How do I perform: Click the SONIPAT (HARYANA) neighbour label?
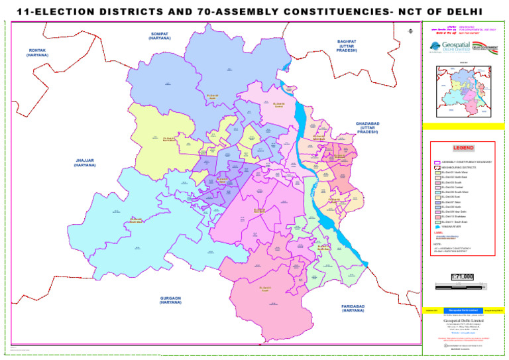[160, 36]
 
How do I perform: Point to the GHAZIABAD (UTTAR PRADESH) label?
[367, 127]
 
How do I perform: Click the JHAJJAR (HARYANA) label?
[85, 162]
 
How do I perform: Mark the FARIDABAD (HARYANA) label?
[353, 308]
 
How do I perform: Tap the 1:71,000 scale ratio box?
[462, 276]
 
